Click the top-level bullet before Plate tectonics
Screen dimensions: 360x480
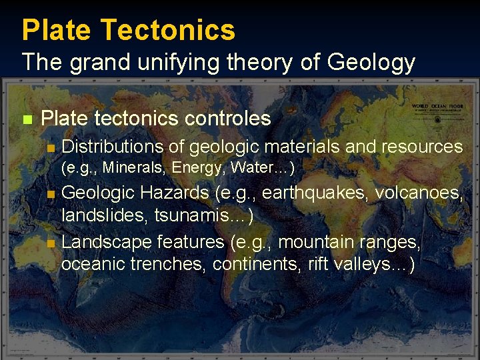click(27, 120)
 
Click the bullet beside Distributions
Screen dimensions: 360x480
click(51, 147)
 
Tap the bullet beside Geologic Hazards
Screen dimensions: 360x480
click(51, 195)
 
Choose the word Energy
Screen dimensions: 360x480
click(198, 167)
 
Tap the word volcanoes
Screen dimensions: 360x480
click(419, 193)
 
